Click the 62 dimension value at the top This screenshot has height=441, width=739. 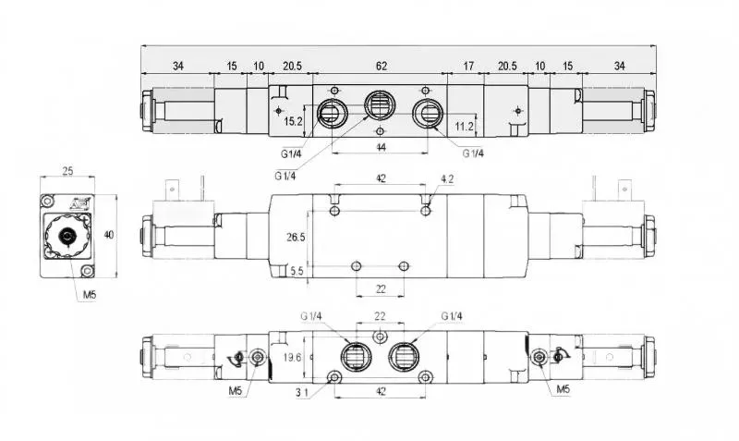point(382,66)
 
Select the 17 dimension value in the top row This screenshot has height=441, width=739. point(468,66)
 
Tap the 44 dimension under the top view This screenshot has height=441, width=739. point(382,147)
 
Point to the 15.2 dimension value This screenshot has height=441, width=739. point(293,122)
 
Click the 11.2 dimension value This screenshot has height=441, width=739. point(464,126)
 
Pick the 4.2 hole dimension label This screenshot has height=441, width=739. point(447,179)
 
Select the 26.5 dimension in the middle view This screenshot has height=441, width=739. point(296,238)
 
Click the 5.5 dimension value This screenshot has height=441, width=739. point(297,271)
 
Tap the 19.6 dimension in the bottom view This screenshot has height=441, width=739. point(292,358)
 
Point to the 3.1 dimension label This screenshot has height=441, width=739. point(302,392)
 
